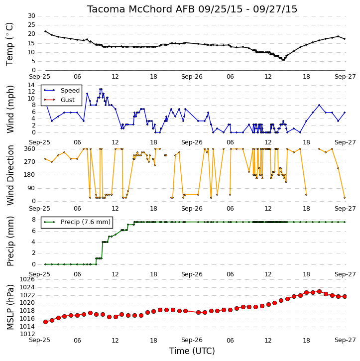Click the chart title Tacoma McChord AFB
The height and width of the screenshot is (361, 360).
coord(141,9)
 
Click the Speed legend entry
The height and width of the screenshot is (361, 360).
coord(61,90)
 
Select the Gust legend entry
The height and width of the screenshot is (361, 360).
coord(59,100)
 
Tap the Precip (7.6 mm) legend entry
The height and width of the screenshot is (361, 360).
coord(77,222)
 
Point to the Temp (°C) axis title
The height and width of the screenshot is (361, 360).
coord(9,44)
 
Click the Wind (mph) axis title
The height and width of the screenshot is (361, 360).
coord(10,109)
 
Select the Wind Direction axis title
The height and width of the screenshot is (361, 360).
coord(10,175)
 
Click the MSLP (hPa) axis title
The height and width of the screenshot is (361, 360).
coord(10,307)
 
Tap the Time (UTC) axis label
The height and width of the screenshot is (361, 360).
coord(192,351)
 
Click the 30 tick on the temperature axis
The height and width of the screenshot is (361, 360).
coord(31,16)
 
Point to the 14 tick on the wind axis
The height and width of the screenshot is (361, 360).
coord(31,85)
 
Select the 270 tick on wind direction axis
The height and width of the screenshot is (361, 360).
coord(30,162)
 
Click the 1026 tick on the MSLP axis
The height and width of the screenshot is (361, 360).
coord(27,279)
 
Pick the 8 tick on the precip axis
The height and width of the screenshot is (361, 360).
coord(34,220)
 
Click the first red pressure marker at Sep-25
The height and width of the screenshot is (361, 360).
coord(46,322)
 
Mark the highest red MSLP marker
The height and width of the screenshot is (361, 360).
coord(319,291)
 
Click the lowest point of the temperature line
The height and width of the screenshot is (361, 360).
coord(283,60)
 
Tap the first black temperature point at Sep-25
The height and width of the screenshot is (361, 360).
coord(45,31)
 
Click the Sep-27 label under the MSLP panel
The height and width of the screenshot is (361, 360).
coord(345,340)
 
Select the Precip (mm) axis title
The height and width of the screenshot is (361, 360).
coord(10,241)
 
